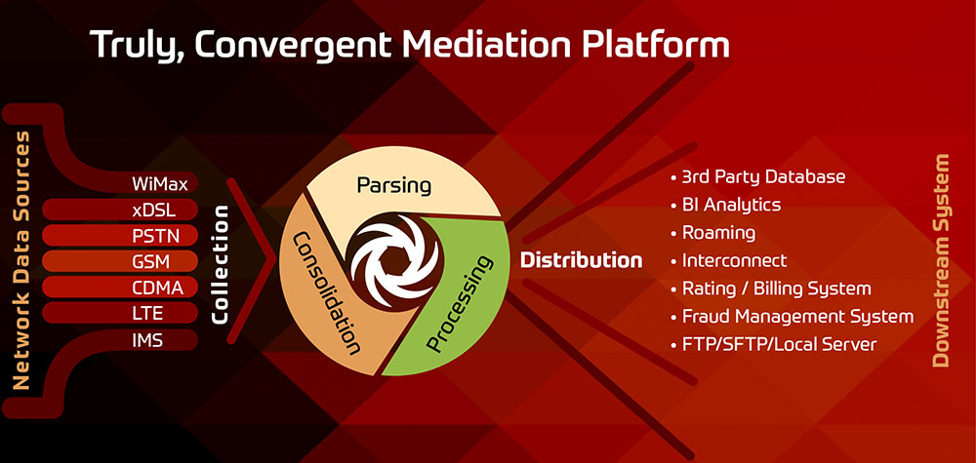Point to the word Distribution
pos(581,261)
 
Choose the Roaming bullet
pos(718,233)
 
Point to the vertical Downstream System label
pos(941,260)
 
